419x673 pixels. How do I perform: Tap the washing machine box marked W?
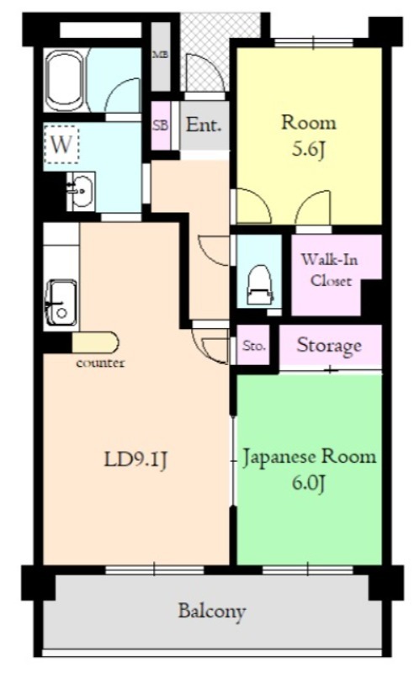[x=61, y=144]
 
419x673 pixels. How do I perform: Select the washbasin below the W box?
[x=79, y=191]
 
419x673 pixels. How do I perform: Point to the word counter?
[x=100, y=363]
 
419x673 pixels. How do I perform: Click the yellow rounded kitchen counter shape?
[x=95, y=342]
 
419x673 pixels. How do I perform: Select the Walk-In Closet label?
[x=330, y=270]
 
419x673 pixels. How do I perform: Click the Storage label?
[x=329, y=345]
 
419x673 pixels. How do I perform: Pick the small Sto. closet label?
[x=253, y=346]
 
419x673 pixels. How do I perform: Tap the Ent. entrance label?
[x=203, y=126]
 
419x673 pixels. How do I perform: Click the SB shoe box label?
[x=160, y=125]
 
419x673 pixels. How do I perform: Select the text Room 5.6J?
[x=307, y=135]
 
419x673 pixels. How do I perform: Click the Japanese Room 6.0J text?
[x=309, y=470]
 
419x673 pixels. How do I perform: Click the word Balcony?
[x=211, y=611]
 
